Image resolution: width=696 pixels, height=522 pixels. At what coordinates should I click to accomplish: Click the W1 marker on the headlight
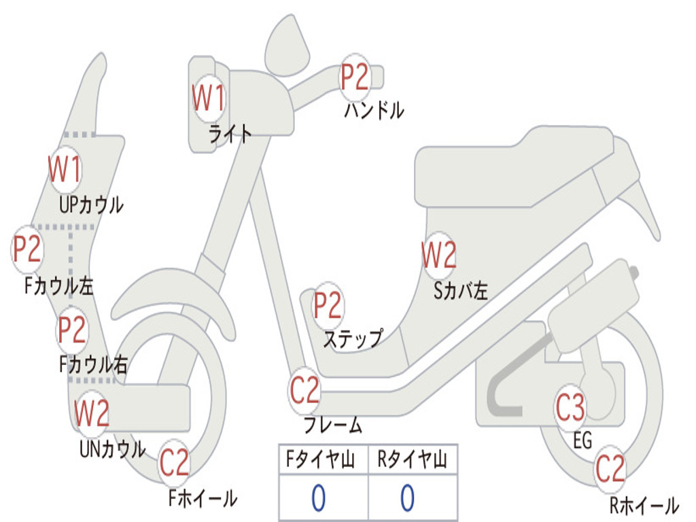pyautogui.click(x=209, y=98)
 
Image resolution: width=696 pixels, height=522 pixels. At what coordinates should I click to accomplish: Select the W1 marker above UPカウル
pyautogui.click(x=65, y=169)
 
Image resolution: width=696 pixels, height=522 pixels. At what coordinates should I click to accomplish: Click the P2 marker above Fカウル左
pyautogui.click(x=27, y=249)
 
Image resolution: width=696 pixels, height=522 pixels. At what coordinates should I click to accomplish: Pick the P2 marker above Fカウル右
pyautogui.click(x=72, y=330)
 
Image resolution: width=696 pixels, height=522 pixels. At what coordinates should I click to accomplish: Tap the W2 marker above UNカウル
pyautogui.click(x=92, y=413)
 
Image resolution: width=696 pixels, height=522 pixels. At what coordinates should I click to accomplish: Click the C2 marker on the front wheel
pyautogui.click(x=175, y=462)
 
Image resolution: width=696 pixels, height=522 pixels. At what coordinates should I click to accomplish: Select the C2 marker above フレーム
pyautogui.click(x=304, y=390)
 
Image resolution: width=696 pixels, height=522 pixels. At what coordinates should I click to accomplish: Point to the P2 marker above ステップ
pyautogui.click(x=328, y=305)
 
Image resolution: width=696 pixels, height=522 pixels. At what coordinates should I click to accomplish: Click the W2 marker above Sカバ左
pyautogui.click(x=439, y=255)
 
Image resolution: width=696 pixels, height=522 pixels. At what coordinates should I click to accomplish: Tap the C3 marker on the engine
pyautogui.click(x=571, y=407)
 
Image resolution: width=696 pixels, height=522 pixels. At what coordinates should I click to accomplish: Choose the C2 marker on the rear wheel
pyautogui.click(x=610, y=469)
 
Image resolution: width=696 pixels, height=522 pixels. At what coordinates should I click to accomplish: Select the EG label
pyautogui.click(x=582, y=440)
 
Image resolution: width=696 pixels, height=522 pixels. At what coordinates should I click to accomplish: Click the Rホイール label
pyautogui.click(x=644, y=506)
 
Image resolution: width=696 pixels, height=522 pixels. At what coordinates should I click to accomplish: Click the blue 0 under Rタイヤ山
pyautogui.click(x=408, y=498)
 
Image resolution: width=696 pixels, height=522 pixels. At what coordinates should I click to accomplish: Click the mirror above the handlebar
pyautogui.click(x=288, y=46)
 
